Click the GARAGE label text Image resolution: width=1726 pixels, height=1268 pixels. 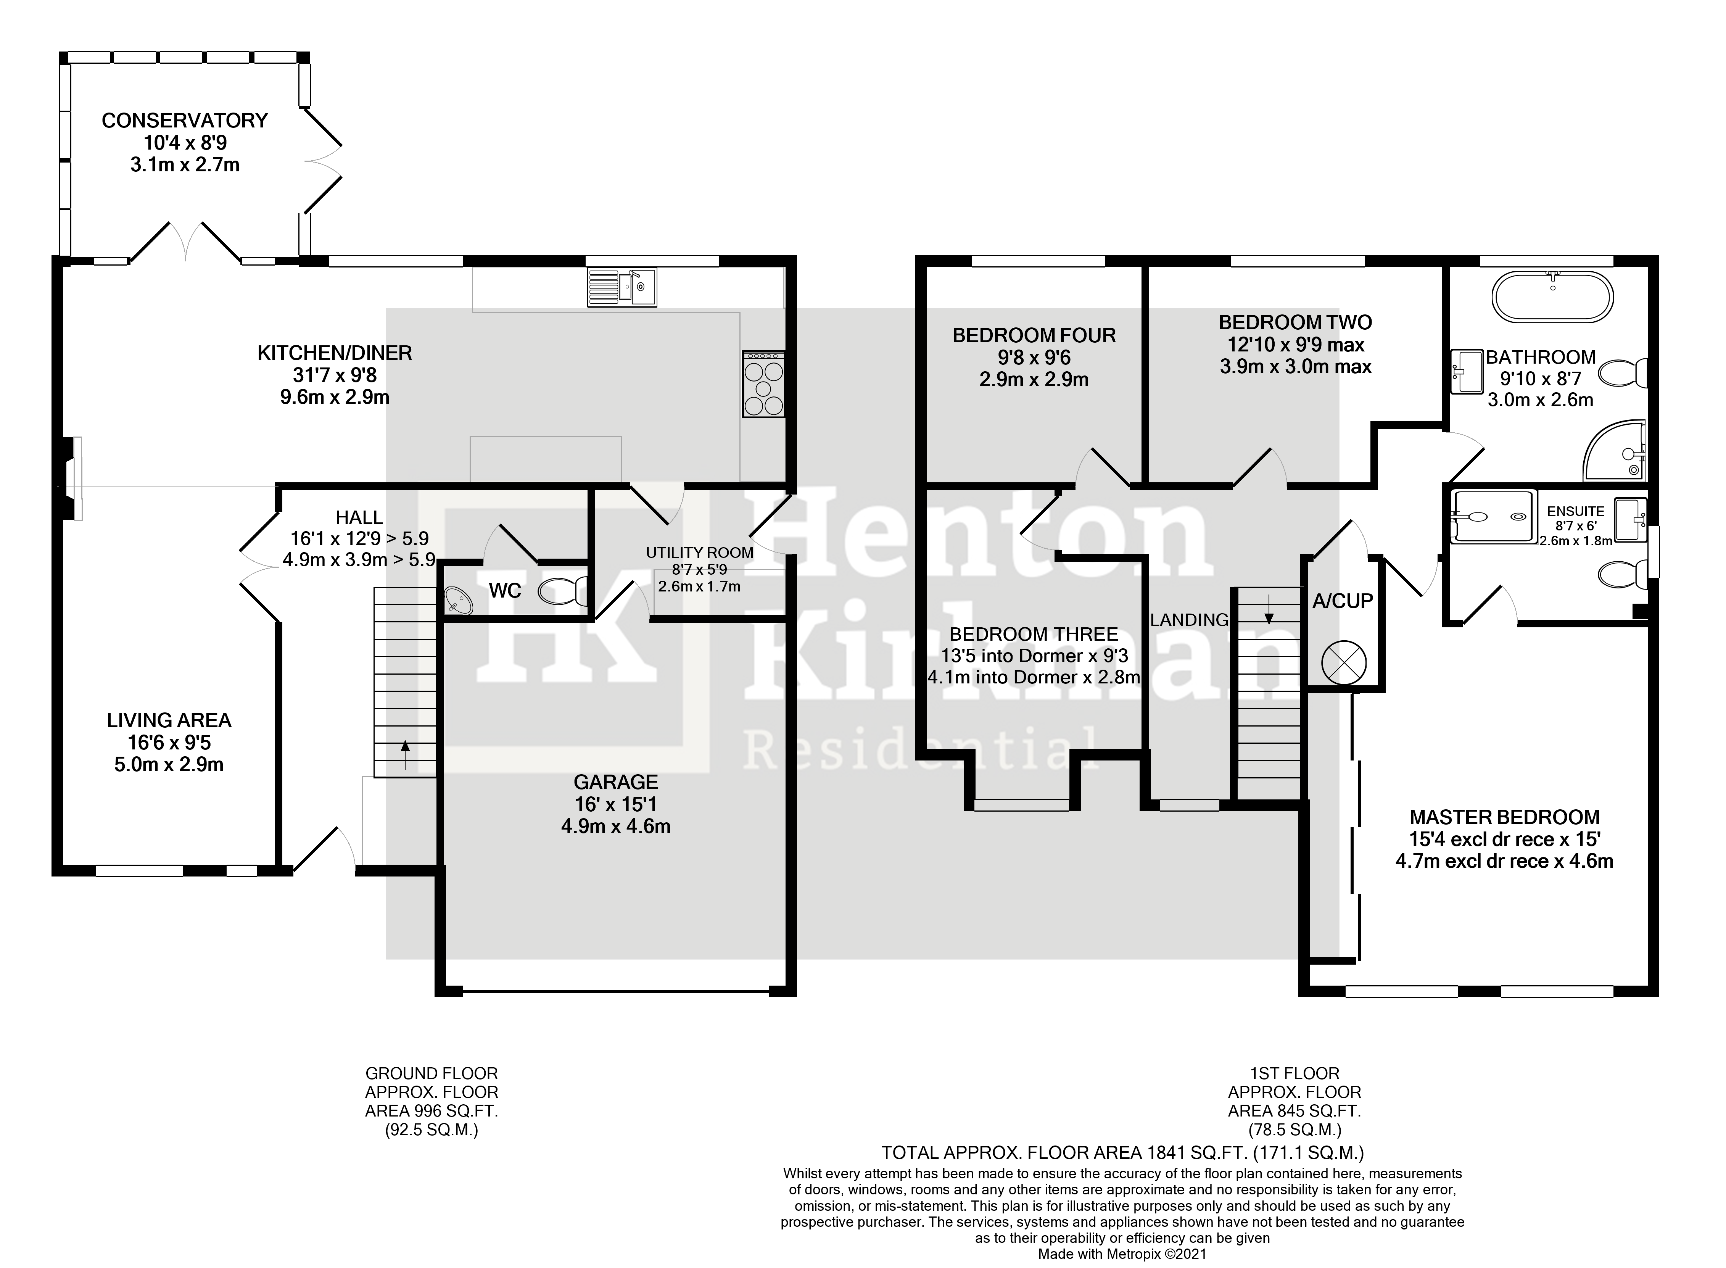[615, 782]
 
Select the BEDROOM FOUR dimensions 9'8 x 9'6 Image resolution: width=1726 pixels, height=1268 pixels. [1034, 358]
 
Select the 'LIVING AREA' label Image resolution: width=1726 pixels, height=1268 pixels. [169, 720]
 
